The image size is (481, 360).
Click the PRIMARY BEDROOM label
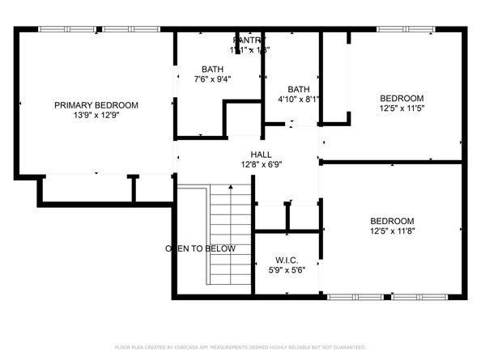96,105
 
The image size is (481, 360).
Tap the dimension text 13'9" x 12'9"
96,116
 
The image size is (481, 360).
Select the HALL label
261,155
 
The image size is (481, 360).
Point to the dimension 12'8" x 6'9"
261,165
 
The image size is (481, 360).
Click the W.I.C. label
287,260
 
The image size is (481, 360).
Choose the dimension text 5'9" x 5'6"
287,271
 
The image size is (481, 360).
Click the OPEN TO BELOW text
201,248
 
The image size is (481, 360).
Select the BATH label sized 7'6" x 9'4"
212,70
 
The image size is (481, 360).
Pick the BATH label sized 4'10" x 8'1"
299,89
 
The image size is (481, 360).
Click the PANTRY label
249,40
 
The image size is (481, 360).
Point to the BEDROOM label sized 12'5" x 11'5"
402,98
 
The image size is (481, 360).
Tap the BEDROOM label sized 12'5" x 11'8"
392,221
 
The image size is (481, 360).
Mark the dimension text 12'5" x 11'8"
392,231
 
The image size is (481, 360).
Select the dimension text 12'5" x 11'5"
402,108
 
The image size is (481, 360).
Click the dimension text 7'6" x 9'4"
212,79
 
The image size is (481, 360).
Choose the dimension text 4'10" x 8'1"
299,100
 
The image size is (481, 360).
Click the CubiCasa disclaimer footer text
240,346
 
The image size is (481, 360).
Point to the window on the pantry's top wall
249,30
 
